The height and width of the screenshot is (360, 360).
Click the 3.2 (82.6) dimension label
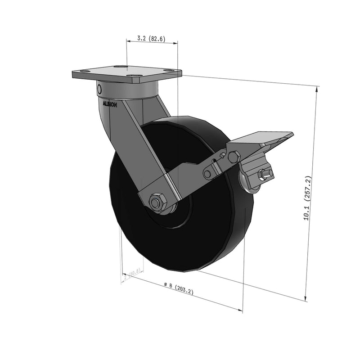pyautogui.click(x=151, y=39)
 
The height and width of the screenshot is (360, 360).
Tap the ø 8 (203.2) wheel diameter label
pyautogui.click(x=179, y=288)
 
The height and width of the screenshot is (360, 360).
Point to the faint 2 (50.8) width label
pyautogui.click(x=132, y=274)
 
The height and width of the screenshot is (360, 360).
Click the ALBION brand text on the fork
pyautogui.click(x=110, y=103)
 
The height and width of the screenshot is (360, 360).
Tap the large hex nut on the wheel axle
pyautogui.click(x=157, y=202)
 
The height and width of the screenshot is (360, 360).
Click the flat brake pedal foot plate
pyautogui.click(x=261, y=139)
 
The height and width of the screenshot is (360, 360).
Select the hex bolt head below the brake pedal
pyautogui.click(x=234, y=157)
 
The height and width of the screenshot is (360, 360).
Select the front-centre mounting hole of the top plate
pyautogui.click(x=132, y=76)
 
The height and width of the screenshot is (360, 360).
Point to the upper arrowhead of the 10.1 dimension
pyautogui.click(x=318, y=88)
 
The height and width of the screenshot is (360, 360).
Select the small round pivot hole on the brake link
pyautogui.click(x=207, y=174)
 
